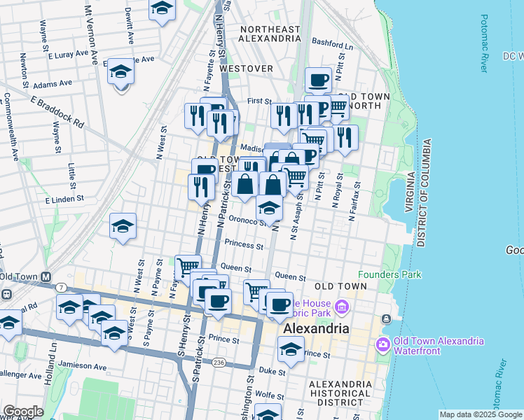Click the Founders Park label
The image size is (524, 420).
389,274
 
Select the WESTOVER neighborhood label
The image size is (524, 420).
246,69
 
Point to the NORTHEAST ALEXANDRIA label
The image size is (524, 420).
270,34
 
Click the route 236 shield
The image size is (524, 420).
219,362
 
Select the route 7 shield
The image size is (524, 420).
62,288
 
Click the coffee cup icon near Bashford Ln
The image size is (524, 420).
318,80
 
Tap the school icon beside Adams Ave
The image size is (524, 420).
120,72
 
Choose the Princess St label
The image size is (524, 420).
244,246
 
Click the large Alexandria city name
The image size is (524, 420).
316,328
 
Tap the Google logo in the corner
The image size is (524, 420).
22,412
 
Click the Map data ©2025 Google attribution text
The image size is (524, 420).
480,414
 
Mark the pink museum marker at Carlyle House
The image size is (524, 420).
341,307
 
